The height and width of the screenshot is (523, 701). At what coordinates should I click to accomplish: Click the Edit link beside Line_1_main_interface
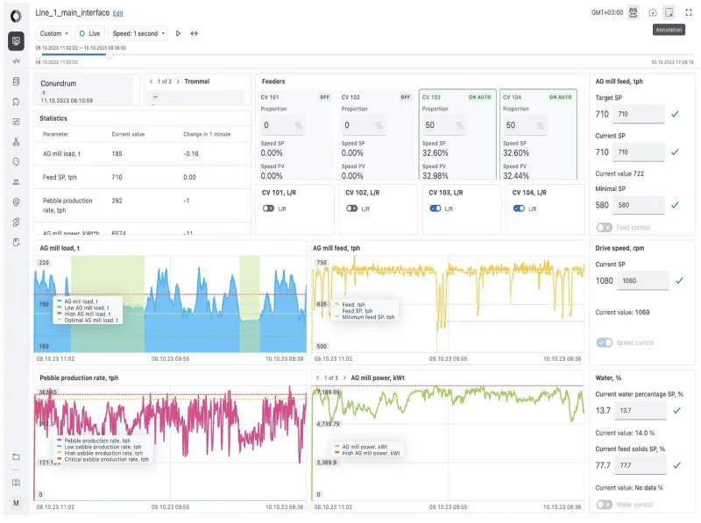tap(118, 13)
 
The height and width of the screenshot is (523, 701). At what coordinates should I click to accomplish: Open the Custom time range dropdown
tap(54, 33)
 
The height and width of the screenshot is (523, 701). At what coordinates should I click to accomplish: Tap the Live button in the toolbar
tap(90, 33)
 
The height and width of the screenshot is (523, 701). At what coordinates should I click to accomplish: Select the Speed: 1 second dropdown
tap(138, 33)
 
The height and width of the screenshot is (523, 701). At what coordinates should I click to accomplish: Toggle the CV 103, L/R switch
tap(435, 208)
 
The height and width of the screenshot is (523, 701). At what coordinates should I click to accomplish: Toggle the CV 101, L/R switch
tap(268, 208)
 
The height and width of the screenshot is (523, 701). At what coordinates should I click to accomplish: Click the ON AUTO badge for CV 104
tap(560, 97)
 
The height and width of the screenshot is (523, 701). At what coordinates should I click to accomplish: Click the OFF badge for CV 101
tap(324, 97)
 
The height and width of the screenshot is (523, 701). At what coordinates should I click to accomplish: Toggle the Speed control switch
tap(604, 343)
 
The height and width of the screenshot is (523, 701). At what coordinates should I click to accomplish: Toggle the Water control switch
tap(604, 504)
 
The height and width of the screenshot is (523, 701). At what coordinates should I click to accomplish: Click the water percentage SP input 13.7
tap(638, 410)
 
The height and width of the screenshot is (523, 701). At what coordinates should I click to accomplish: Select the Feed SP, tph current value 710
tap(117, 177)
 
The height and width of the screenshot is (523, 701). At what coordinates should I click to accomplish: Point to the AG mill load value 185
tap(117, 153)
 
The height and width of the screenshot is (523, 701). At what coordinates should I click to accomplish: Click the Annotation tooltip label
tap(669, 30)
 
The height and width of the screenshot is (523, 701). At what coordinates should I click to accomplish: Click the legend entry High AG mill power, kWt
tap(370, 453)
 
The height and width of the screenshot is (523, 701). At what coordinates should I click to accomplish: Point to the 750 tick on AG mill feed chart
tap(321, 263)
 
